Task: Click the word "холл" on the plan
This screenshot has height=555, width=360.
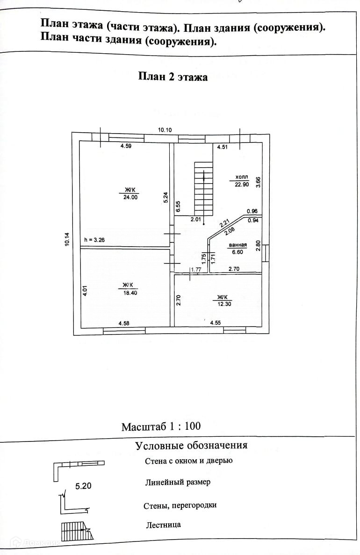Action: point(242,178)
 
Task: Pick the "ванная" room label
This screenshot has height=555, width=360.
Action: point(238,245)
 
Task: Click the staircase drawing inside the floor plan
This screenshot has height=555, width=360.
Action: point(204,186)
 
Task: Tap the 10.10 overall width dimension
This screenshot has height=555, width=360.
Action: point(166,130)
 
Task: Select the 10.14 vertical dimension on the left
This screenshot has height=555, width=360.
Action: point(67,239)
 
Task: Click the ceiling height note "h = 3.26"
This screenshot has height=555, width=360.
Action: point(94,240)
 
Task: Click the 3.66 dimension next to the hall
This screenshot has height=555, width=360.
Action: point(258,181)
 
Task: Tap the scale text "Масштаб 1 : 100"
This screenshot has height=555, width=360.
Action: point(161,427)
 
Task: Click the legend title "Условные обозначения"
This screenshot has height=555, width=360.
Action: point(191,445)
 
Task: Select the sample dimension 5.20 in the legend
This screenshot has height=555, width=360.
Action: point(83,486)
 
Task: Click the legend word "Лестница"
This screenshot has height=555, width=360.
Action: point(163,525)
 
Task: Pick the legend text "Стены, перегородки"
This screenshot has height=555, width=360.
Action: point(180,505)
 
